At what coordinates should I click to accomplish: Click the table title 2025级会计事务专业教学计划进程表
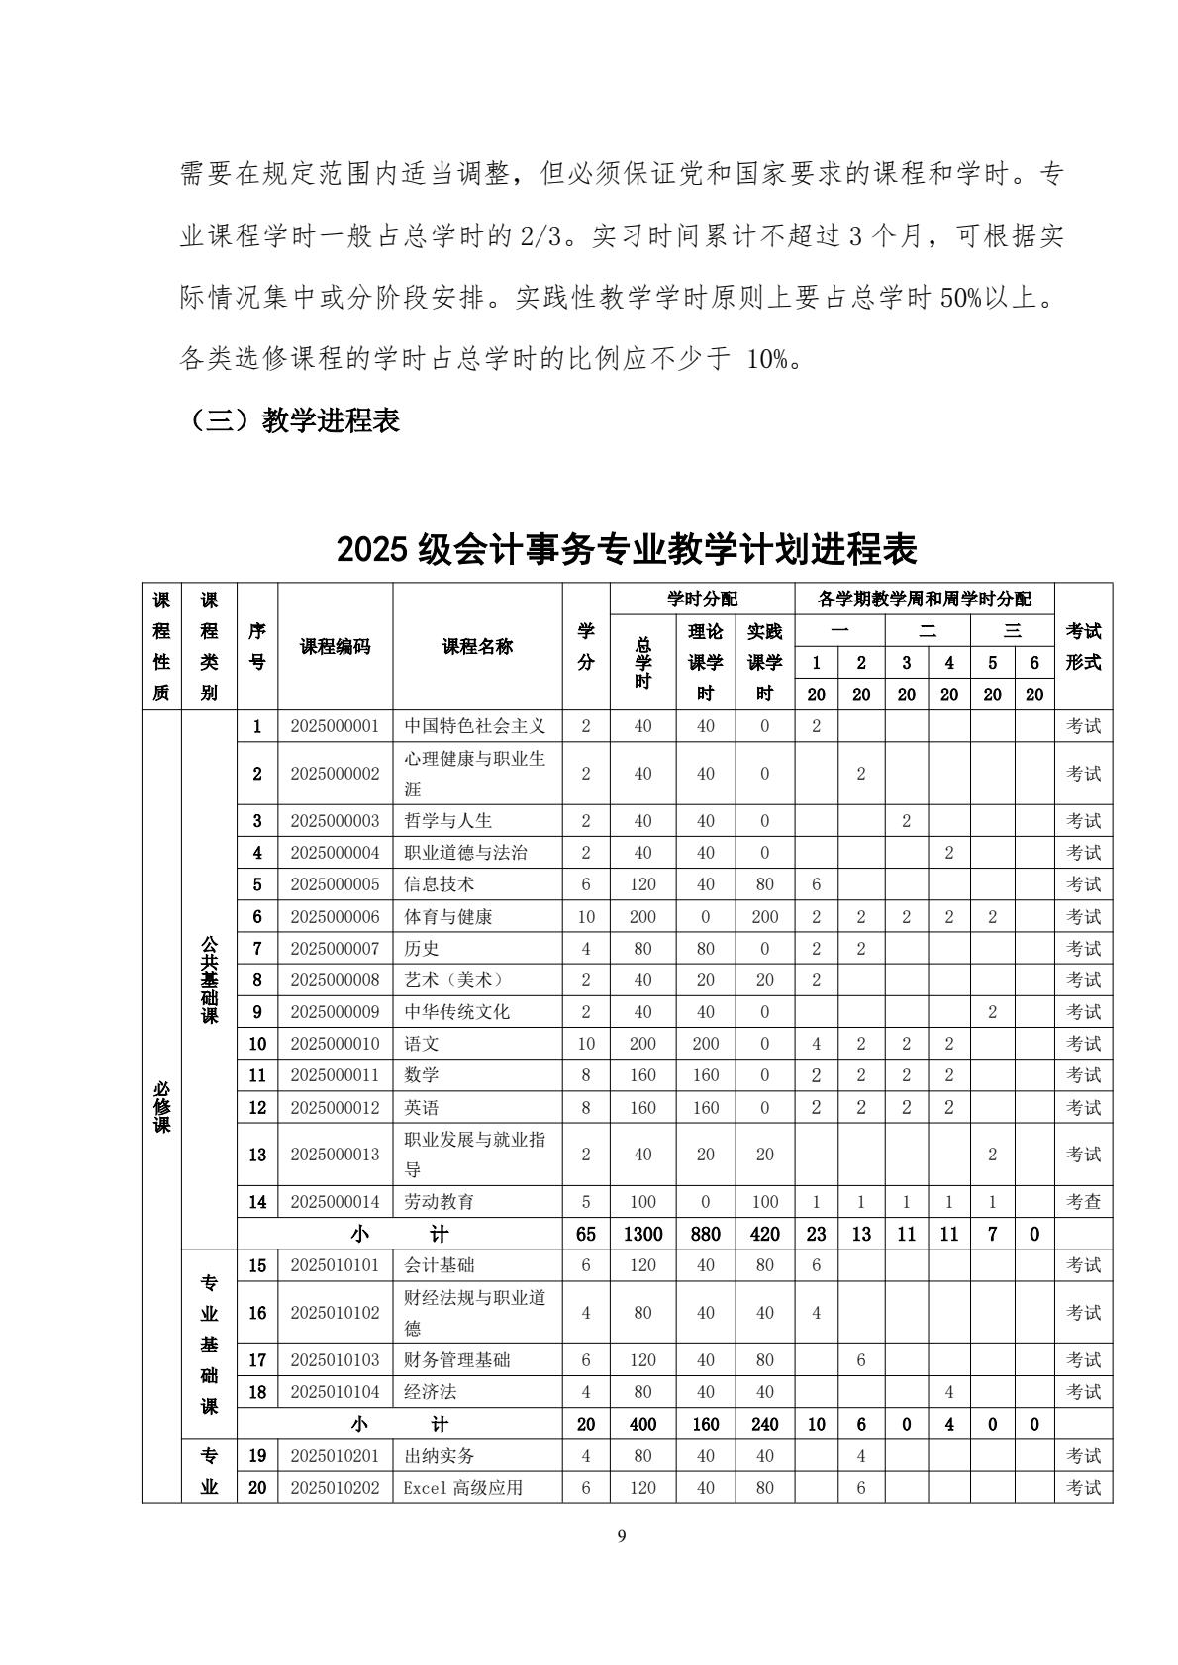pos(627,548)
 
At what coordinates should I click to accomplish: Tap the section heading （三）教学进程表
pos(294,420)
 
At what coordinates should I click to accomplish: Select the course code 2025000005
pos(335,884)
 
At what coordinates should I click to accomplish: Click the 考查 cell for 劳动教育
pos(1083,1202)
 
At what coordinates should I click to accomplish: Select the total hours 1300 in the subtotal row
pos(642,1234)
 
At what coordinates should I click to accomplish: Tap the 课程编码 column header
pos(335,647)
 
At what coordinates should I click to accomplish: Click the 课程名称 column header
pos(477,647)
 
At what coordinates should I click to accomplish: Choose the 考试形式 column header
pos(1083,647)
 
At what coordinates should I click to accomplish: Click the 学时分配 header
pos(702,599)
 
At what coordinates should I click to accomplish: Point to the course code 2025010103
pos(335,1360)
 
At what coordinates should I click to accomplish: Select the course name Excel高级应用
pos(462,1488)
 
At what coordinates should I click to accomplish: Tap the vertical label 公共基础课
pos(209,979)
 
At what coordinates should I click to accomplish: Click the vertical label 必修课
pos(161,1106)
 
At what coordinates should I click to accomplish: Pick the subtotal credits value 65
pos(586,1234)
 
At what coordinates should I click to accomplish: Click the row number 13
pos(257,1155)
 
